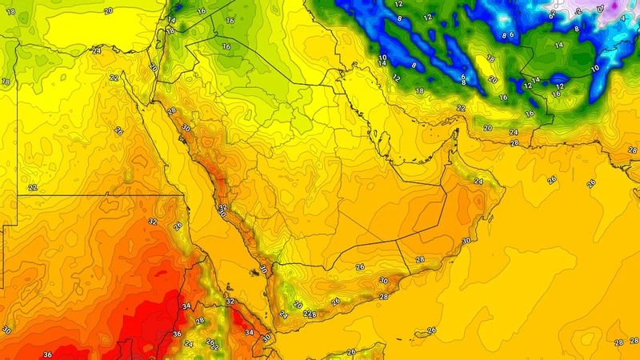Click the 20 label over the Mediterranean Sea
(108, 11)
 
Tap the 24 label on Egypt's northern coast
(96, 50)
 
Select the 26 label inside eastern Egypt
(118, 130)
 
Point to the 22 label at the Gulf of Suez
(114, 78)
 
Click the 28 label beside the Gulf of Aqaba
(170, 110)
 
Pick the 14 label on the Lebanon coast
(171, 19)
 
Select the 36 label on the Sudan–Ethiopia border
(178, 334)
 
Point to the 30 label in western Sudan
(6, 330)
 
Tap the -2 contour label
(579, 11)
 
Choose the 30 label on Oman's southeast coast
(466, 240)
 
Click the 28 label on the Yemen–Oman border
(420, 259)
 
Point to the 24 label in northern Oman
(478, 182)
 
